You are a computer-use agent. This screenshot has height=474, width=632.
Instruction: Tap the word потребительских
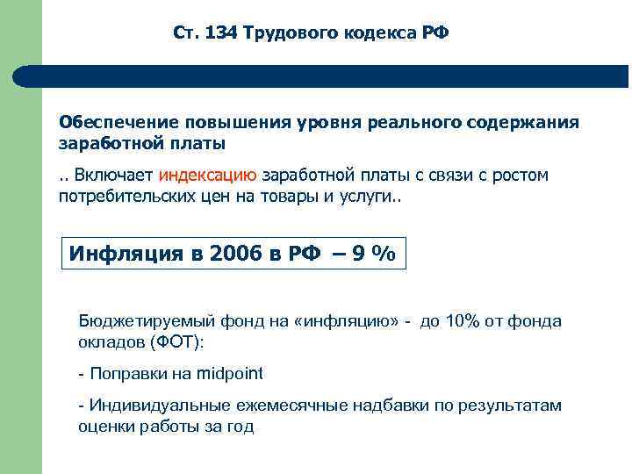pos(125,196)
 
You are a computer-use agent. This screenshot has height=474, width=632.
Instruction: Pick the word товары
pos(291,196)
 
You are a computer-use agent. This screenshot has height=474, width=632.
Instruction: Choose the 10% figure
pos(463,321)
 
